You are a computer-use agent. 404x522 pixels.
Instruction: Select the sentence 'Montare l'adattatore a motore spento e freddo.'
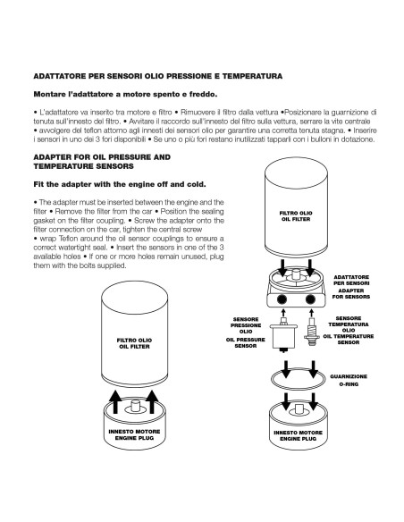[x=125, y=94]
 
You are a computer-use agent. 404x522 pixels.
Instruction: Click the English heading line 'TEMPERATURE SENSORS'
[x=83, y=166]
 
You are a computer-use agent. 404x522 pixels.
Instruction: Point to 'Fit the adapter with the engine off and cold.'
[x=120, y=184]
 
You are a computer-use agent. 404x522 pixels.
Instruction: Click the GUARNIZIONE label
[x=349, y=376]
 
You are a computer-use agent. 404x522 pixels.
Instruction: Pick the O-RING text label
[x=349, y=384]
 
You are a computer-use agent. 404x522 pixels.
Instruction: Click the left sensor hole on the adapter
[x=282, y=299]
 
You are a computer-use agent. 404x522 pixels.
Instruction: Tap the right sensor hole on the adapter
[x=310, y=299]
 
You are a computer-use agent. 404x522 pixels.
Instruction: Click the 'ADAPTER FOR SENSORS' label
[x=351, y=293]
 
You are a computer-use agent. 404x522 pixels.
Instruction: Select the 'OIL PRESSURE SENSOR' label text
[x=246, y=343]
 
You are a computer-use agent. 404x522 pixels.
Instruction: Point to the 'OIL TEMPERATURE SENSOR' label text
[x=349, y=340]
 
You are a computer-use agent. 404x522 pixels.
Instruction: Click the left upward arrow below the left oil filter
[x=115, y=402]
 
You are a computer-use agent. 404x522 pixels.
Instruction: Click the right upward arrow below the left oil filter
[x=152, y=402]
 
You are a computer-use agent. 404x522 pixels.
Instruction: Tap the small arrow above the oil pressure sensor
[x=283, y=313]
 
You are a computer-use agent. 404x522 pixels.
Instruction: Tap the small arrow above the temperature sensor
[x=311, y=313]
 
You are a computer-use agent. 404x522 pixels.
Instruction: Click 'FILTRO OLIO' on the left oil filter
[x=134, y=341]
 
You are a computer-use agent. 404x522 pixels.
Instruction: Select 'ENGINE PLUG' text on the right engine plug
[x=299, y=439]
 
